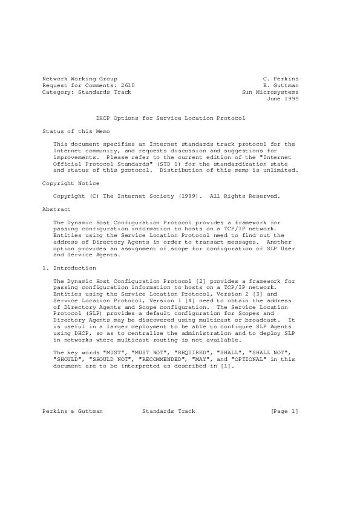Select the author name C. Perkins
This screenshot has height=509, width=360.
[281, 79]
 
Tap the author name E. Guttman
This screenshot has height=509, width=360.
[281, 86]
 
